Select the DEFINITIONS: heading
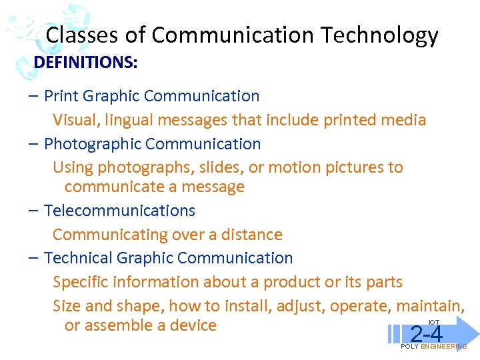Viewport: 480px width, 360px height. tap(86, 63)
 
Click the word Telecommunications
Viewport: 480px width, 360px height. tap(119, 211)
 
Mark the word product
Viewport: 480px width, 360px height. tap(293, 282)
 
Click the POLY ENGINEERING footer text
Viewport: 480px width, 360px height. tap(433, 347)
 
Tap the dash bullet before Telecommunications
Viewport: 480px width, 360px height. tap(33, 211)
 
